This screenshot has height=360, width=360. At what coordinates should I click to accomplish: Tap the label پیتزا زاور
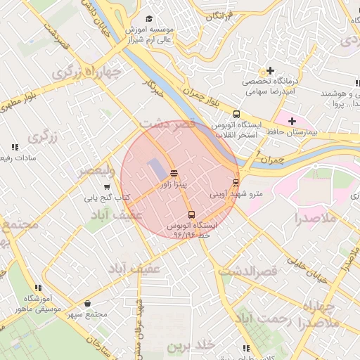point(173,184)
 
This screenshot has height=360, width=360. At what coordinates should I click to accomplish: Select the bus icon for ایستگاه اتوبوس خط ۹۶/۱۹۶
point(191,214)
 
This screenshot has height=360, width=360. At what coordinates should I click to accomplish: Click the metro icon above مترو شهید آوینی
point(236,183)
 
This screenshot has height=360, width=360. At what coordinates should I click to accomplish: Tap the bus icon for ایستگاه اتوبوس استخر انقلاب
point(236,113)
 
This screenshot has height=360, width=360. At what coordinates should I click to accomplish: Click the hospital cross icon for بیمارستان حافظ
point(292,121)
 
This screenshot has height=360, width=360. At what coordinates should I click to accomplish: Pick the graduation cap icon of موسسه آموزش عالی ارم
point(148,19)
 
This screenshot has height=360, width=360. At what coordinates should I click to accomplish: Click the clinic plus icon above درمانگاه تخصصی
point(269,71)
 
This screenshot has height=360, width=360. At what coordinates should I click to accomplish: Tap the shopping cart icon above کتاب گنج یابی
point(106,187)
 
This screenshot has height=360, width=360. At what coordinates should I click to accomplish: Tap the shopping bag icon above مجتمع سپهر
point(87,303)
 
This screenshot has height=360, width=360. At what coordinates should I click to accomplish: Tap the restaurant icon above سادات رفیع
point(14,147)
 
